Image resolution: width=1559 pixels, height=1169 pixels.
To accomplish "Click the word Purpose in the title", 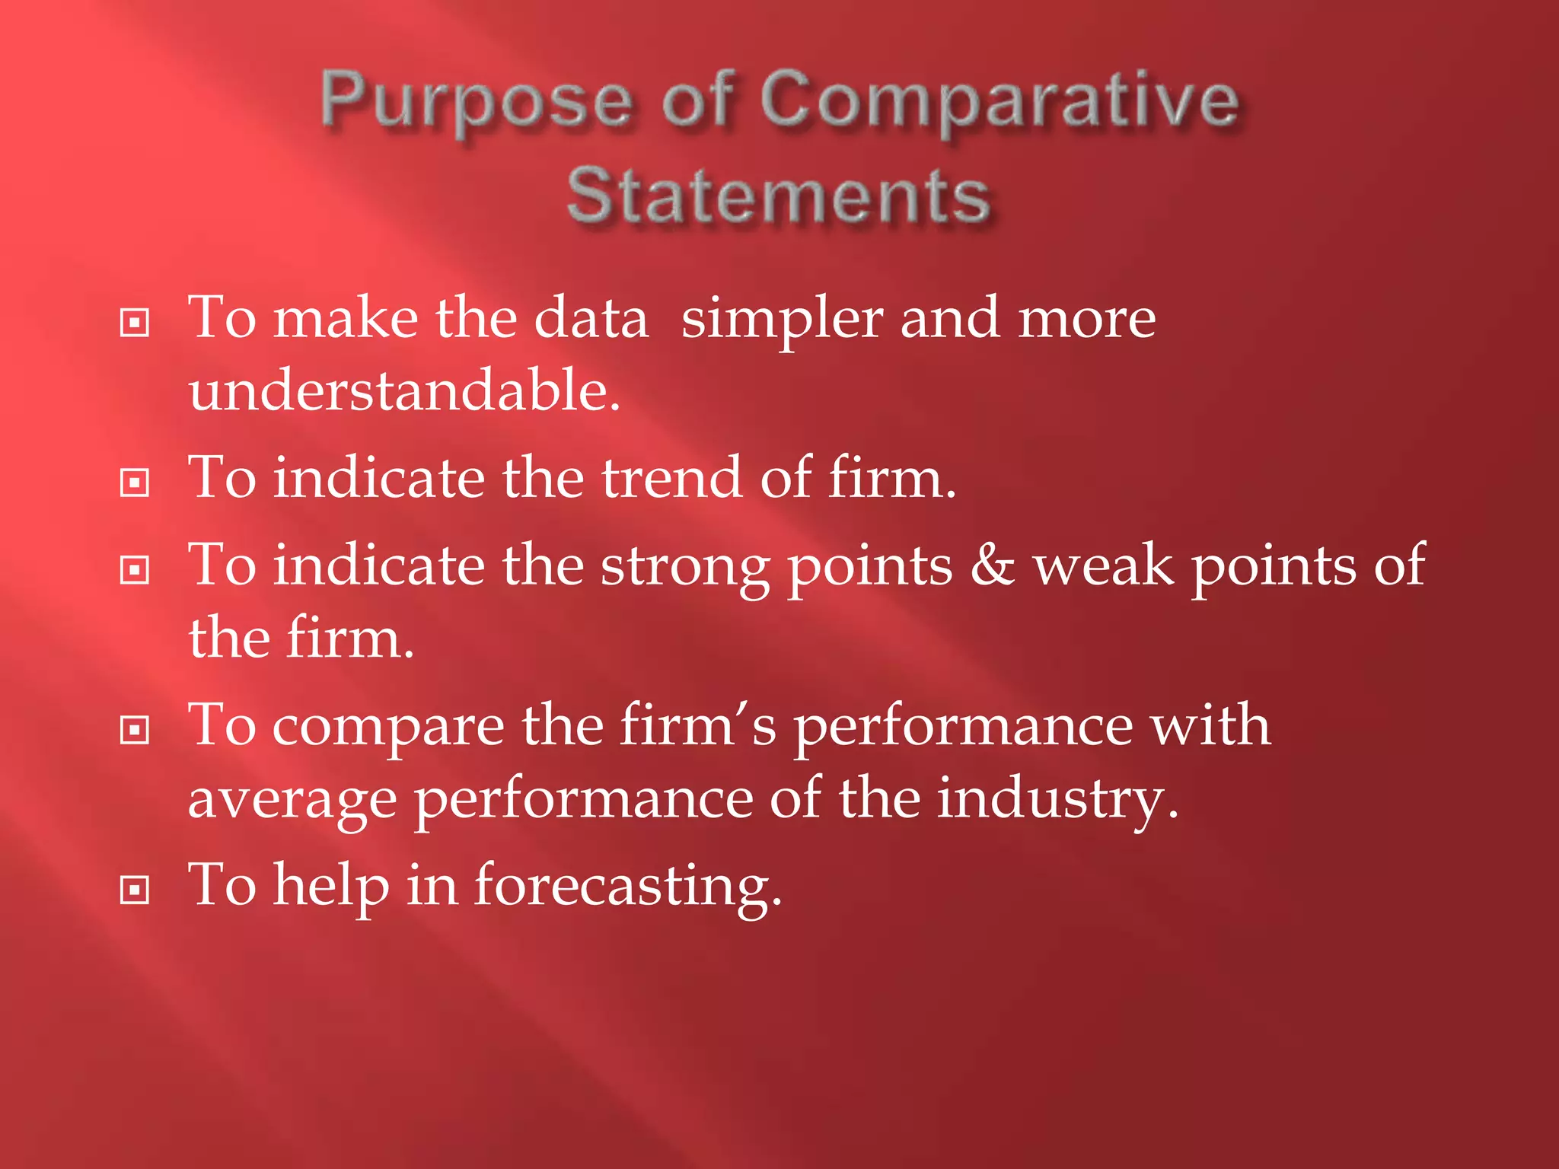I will click(x=476, y=103).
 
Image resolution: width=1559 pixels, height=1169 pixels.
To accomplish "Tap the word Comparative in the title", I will click(x=999, y=103).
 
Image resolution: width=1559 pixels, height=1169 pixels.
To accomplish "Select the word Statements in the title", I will click(x=778, y=196).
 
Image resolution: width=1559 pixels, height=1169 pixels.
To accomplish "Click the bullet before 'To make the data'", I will click(x=135, y=323).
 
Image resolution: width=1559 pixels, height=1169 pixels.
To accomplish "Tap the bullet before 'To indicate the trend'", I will click(x=135, y=483).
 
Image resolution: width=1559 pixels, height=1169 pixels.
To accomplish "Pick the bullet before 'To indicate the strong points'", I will click(x=135, y=570).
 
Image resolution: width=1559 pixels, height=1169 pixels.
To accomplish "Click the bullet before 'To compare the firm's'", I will click(x=135, y=731).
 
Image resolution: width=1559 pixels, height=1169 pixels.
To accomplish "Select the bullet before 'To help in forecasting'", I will click(x=135, y=890).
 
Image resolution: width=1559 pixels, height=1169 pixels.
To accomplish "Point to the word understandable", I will click(x=404, y=390).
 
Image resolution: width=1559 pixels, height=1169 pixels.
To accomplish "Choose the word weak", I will click(x=1103, y=565).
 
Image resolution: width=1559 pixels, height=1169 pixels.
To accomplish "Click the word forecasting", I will click(x=627, y=887).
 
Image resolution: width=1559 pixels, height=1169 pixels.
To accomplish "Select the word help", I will click(x=331, y=887).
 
